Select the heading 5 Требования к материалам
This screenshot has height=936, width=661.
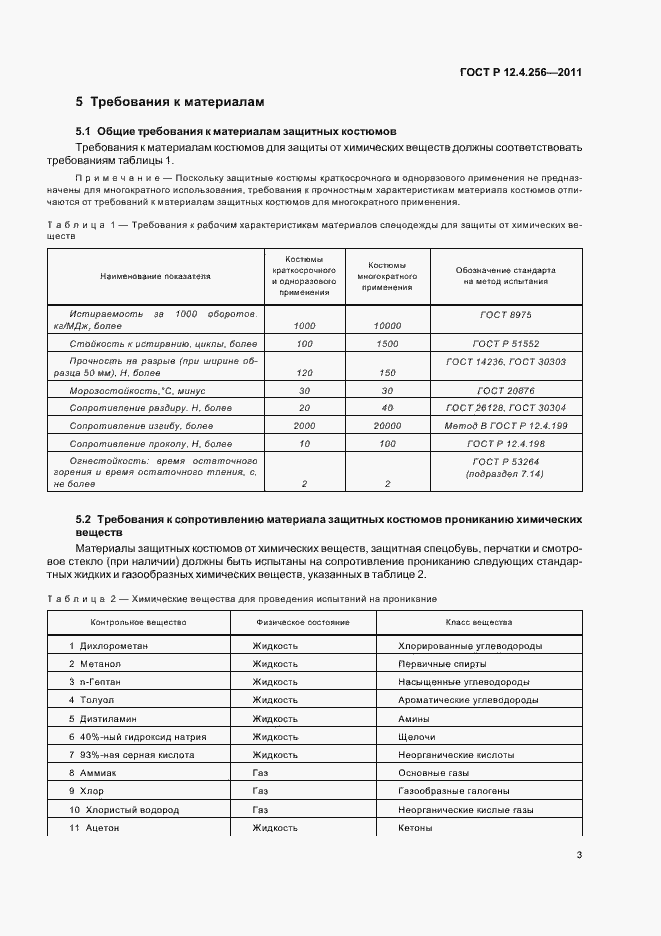point(170,102)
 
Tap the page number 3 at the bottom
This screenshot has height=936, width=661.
point(579,854)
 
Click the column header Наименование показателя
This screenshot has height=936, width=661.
point(155,274)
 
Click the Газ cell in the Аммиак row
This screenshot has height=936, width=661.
point(261,773)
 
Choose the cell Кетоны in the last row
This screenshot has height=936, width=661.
point(415,828)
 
